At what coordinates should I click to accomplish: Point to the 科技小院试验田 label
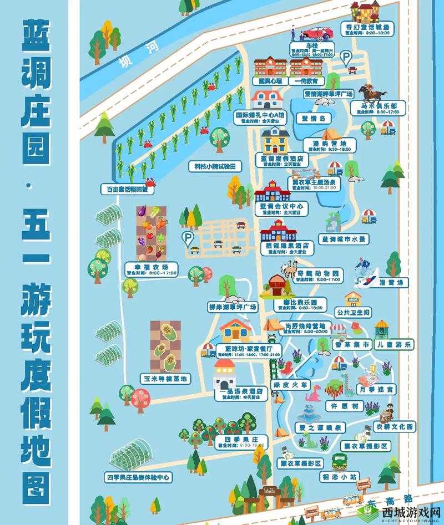click(x=214, y=166)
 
